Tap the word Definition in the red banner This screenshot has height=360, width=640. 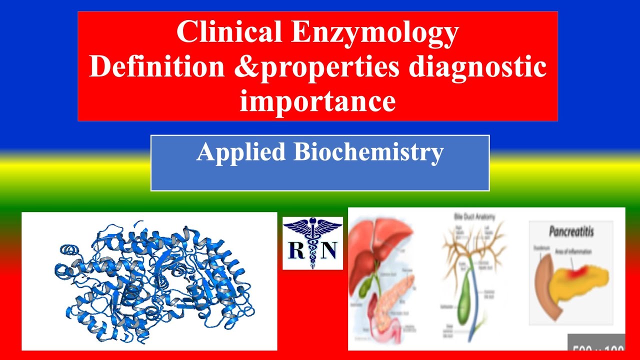(x=157, y=67)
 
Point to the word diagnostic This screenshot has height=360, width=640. (x=477, y=67)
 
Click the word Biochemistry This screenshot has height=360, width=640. (x=368, y=152)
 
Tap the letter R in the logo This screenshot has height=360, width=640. (x=297, y=249)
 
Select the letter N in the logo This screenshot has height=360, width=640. (x=328, y=249)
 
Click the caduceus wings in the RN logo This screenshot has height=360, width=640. (x=313, y=227)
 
